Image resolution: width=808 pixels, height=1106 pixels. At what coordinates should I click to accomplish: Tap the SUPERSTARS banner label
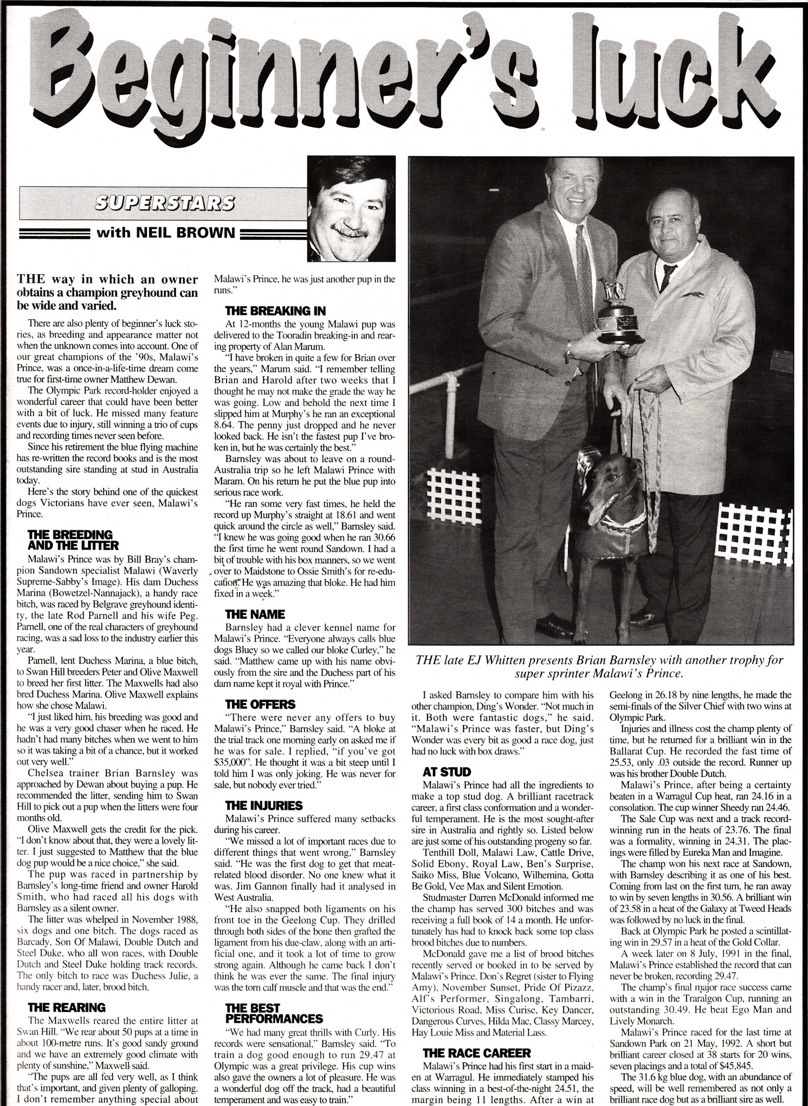[x=163, y=203]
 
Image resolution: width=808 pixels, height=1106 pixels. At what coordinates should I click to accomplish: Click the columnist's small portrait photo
[x=351, y=208]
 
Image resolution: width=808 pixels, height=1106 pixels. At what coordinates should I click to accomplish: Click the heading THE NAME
[x=255, y=614]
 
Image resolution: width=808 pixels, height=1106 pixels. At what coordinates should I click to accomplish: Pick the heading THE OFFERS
[x=260, y=704]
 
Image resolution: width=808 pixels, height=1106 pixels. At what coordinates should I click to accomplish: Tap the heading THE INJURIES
[x=264, y=805]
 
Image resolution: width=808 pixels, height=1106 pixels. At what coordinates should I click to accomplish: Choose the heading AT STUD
[x=446, y=772]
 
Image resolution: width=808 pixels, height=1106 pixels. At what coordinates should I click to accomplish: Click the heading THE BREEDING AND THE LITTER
[x=73, y=539]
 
